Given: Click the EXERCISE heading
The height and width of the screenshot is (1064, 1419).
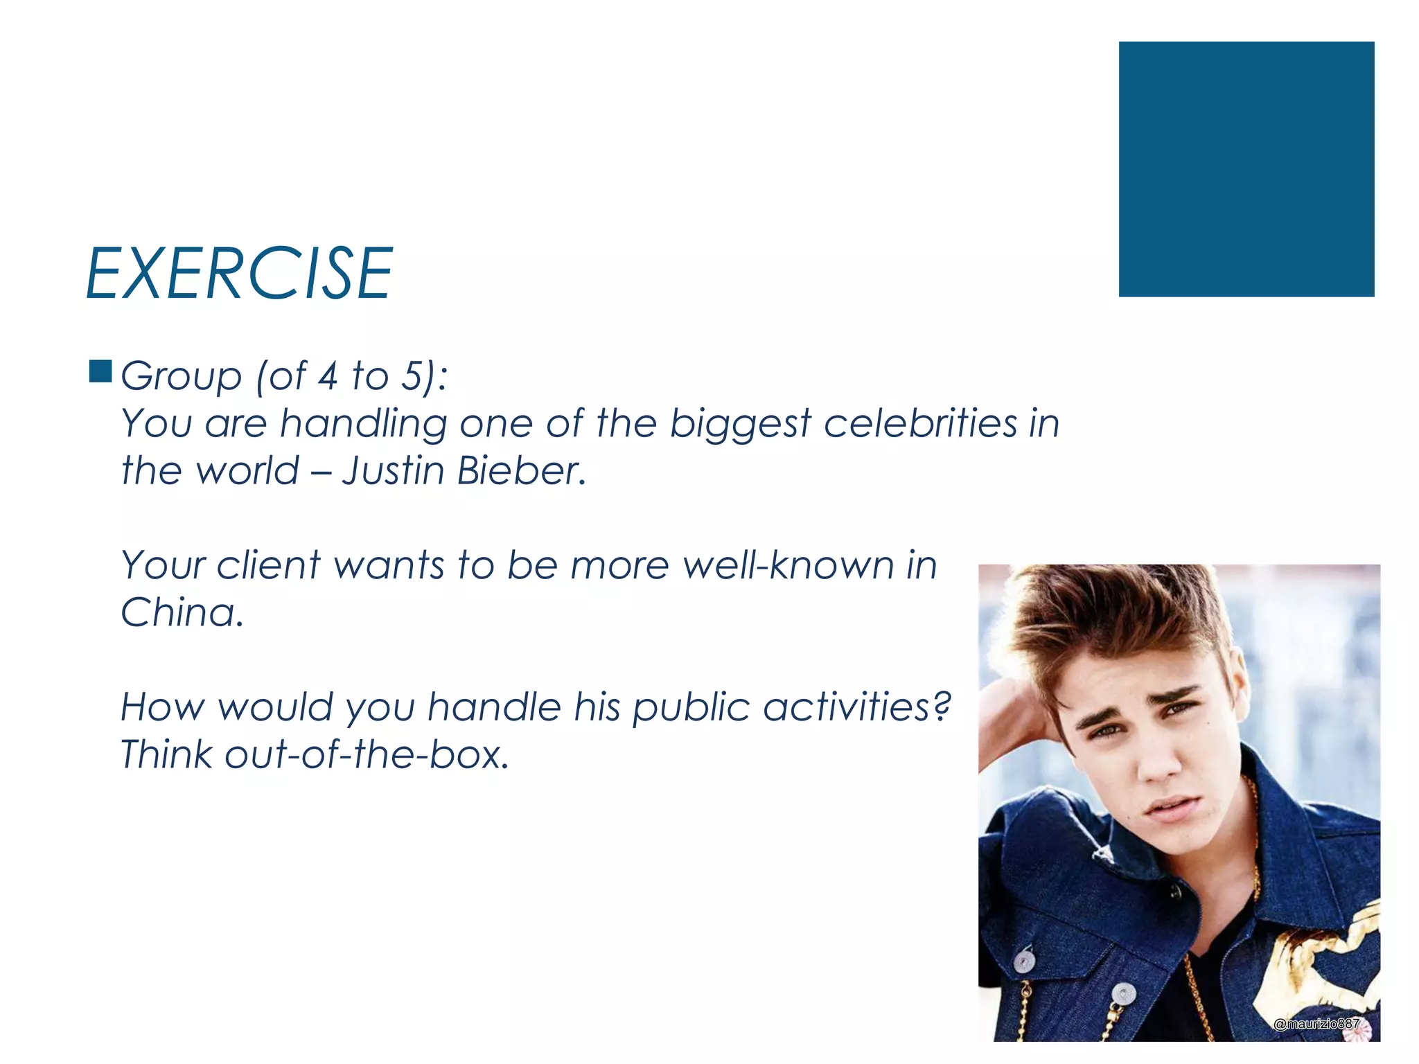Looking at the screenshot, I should pos(239,274).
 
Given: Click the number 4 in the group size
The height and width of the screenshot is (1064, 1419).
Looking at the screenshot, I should pos(328,376).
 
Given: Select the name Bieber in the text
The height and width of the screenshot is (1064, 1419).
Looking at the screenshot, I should pos(521,470).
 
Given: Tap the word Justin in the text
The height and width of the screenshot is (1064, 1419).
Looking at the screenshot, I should pos(393,470).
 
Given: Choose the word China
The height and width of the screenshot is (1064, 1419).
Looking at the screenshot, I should pos(182,612).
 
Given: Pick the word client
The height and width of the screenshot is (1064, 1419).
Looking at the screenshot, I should pos(268,565).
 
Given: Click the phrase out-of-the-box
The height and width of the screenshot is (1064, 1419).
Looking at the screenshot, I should pos(367,754).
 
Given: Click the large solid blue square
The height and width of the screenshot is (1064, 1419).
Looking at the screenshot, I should pos(1246,169).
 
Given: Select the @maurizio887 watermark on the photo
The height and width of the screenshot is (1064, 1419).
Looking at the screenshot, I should pos(1316,1024).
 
